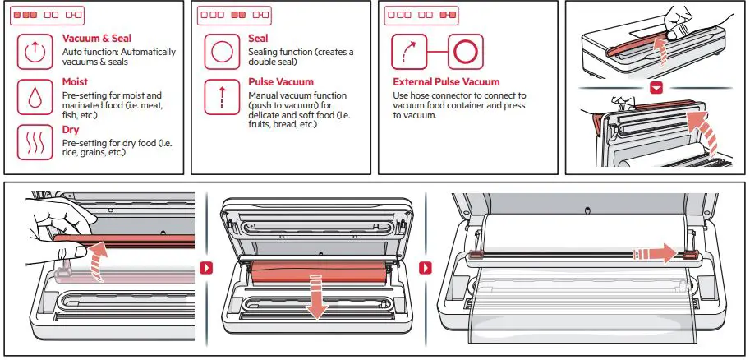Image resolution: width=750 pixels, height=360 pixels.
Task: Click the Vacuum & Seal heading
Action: [x=97, y=39]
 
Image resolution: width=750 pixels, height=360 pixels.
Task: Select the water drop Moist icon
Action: [x=34, y=97]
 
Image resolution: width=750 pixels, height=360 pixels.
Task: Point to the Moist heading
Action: [x=76, y=83]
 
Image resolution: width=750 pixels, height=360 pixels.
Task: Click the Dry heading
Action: [x=71, y=130]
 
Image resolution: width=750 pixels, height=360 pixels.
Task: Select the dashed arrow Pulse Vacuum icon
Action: [x=220, y=97]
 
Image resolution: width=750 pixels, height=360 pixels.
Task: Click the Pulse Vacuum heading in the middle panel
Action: [x=281, y=83]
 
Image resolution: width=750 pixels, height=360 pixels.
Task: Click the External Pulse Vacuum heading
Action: [x=446, y=82]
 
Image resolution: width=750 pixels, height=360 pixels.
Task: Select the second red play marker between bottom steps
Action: [x=425, y=268]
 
